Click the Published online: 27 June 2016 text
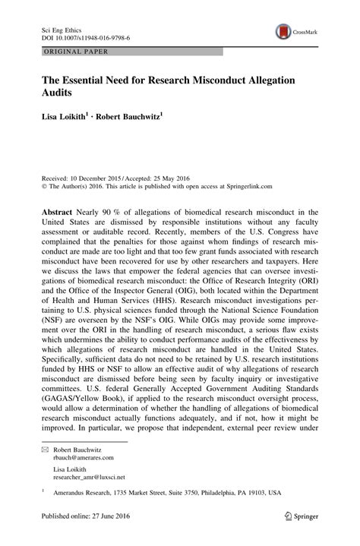[x=81, y=535]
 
